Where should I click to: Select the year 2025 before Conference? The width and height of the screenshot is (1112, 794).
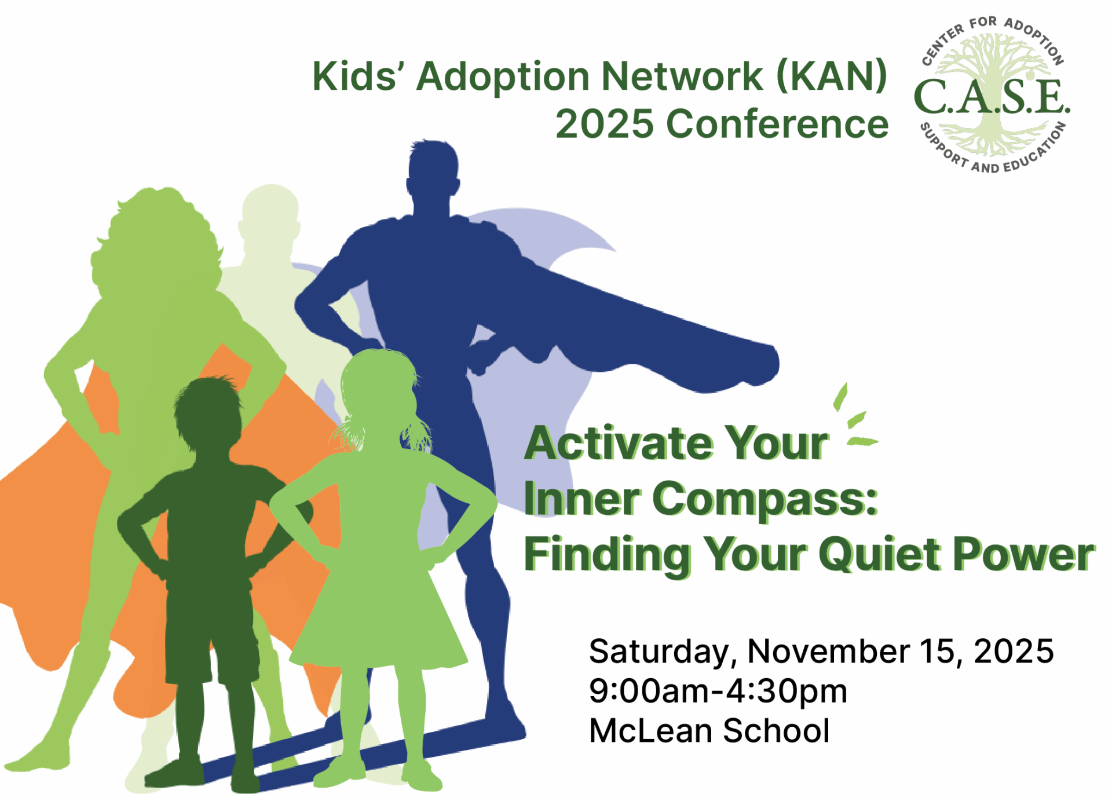[604, 124]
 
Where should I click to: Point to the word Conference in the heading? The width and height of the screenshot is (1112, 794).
[777, 124]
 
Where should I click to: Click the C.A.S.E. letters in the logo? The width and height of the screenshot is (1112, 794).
[992, 97]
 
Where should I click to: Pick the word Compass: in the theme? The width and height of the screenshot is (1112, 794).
[765, 499]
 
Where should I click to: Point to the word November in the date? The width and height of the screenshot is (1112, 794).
[828, 651]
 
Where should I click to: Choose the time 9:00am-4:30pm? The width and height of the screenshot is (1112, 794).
[718, 691]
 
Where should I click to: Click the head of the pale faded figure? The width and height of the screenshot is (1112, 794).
[271, 214]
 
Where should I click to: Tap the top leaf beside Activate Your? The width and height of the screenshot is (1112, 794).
[840, 397]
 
